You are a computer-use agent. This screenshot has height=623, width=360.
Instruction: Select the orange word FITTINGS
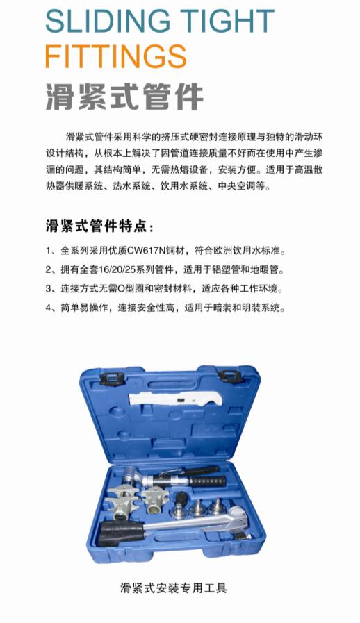116,56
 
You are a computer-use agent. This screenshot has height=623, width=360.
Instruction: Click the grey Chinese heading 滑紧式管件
124,97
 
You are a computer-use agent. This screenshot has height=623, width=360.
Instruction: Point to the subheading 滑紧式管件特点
95,227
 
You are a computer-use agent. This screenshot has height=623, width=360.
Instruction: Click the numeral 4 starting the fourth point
48,308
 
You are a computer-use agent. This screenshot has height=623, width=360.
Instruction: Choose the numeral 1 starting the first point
48,251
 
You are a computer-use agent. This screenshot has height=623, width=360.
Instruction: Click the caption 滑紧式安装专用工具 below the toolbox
174,588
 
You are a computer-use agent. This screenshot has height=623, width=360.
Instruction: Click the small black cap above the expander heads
181,497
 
